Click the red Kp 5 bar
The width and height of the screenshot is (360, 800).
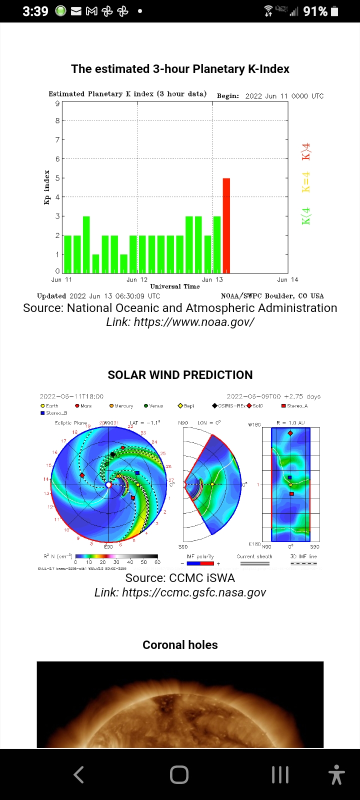pyautogui.click(x=226, y=225)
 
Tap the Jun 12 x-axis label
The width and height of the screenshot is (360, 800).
pyautogui.click(x=137, y=279)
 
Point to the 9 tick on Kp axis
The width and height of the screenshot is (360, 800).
pyautogui.click(x=57, y=103)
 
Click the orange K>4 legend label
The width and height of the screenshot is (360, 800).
pyautogui.click(x=306, y=151)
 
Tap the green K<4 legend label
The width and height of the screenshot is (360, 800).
pyautogui.click(x=306, y=216)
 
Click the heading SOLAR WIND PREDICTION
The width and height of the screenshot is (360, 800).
pyautogui.click(x=180, y=375)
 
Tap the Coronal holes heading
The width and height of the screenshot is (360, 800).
pyautogui.click(x=180, y=645)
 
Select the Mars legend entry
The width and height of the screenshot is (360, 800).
pyautogui.click(x=83, y=406)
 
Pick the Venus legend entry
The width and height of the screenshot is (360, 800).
pyautogui.click(x=153, y=406)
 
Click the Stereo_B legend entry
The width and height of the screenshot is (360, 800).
pyautogui.click(x=50, y=413)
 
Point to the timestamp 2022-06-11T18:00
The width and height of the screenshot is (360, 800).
pyautogui.click(x=71, y=396)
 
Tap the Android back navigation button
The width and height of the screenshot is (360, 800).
pyautogui.click(x=78, y=774)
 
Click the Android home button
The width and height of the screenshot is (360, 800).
pyautogui.click(x=179, y=774)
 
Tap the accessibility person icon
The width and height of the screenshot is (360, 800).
pyautogui.click(x=336, y=774)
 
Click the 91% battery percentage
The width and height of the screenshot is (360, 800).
pyautogui.click(x=315, y=11)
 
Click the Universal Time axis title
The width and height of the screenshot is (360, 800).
pyautogui.click(x=175, y=286)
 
